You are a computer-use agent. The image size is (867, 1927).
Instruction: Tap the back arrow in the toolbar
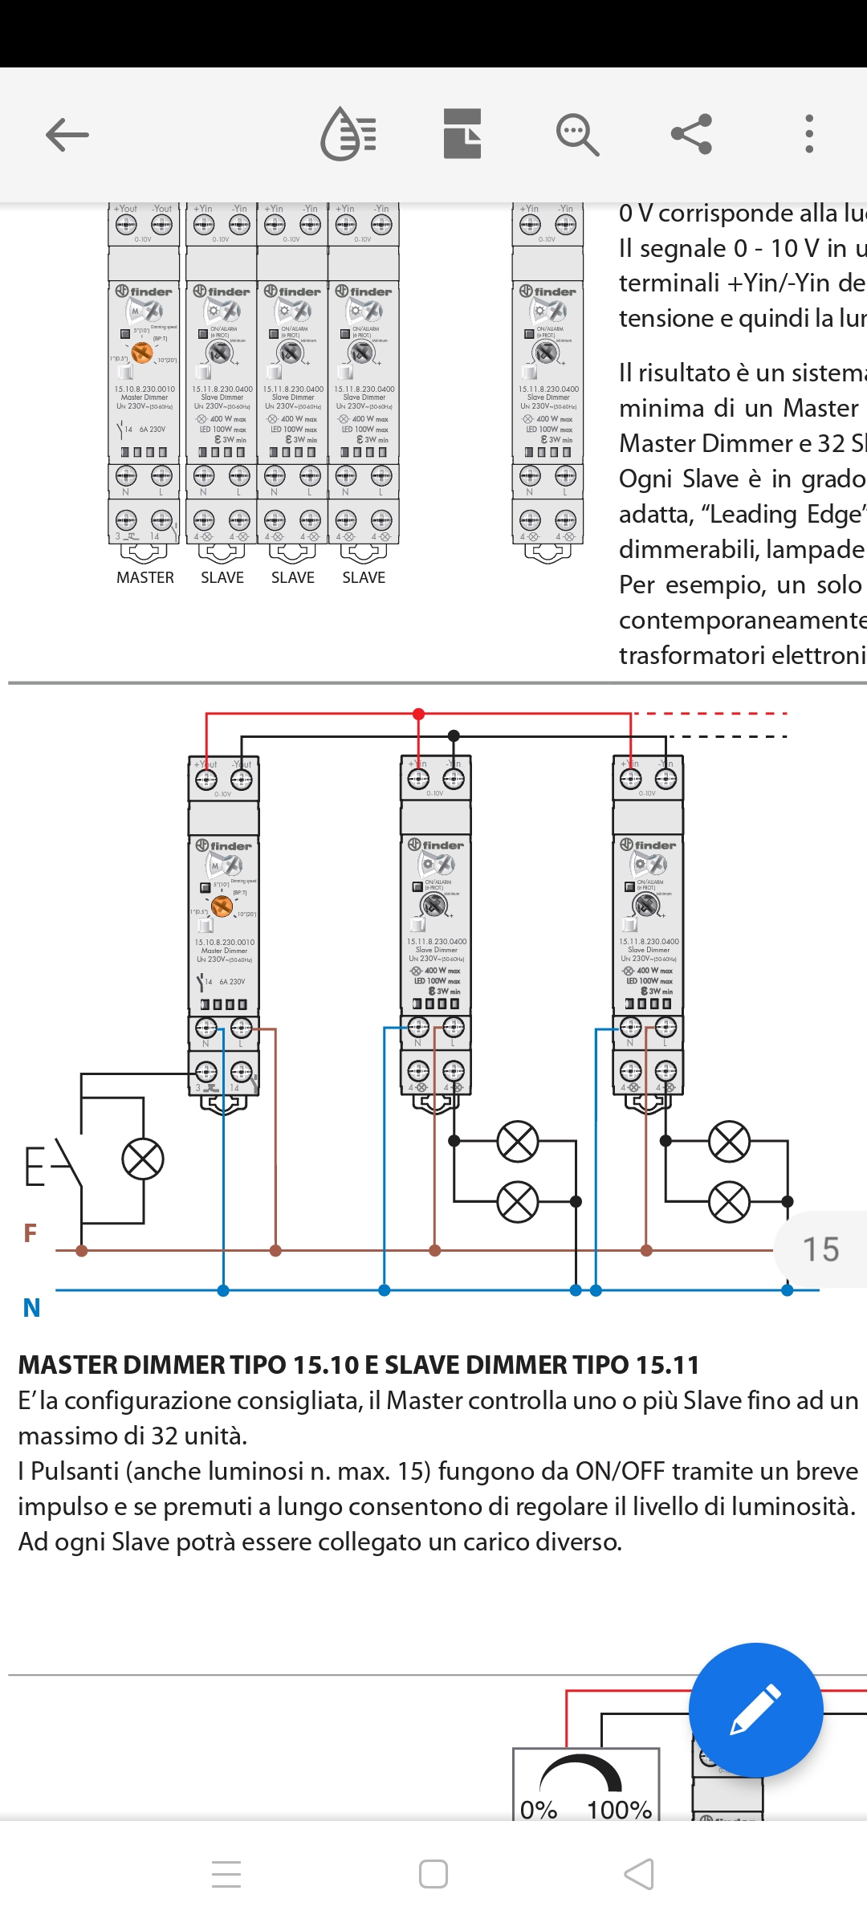pyautogui.click(x=67, y=135)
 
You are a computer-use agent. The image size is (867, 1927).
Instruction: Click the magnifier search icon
pyautogui.click(x=577, y=134)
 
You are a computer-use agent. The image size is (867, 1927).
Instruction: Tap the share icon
pyautogui.click(x=691, y=134)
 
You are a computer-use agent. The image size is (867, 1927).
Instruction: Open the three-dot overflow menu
pyautogui.click(x=809, y=134)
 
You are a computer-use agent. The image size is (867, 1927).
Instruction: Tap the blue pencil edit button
pyautogui.click(x=755, y=1710)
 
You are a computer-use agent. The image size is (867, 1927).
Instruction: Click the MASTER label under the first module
pyautogui.click(x=145, y=577)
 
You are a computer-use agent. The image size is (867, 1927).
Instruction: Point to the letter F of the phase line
pyautogui.click(x=31, y=1233)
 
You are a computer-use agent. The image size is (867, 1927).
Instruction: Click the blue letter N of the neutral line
pyautogui.click(x=32, y=1308)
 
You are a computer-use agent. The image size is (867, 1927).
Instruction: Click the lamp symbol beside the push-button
pyautogui.click(x=143, y=1160)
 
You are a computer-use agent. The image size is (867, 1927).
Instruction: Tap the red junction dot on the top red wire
pyautogui.click(x=418, y=714)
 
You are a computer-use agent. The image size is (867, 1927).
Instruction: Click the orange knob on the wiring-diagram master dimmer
pyautogui.click(x=222, y=906)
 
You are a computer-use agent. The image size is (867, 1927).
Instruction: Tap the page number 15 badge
pyautogui.click(x=820, y=1249)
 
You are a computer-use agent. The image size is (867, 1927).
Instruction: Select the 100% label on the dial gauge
pyautogui.click(x=619, y=1810)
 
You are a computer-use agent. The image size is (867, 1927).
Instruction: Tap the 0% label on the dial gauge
pyautogui.click(x=539, y=1810)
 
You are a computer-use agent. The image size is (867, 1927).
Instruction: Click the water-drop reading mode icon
pyautogui.click(x=348, y=134)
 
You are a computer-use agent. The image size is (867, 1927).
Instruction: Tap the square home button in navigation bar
pyautogui.click(x=433, y=1875)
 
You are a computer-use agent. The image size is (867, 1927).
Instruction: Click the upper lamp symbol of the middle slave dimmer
pyautogui.click(x=518, y=1141)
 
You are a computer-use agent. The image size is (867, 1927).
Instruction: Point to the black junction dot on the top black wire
pyautogui.click(x=454, y=735)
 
